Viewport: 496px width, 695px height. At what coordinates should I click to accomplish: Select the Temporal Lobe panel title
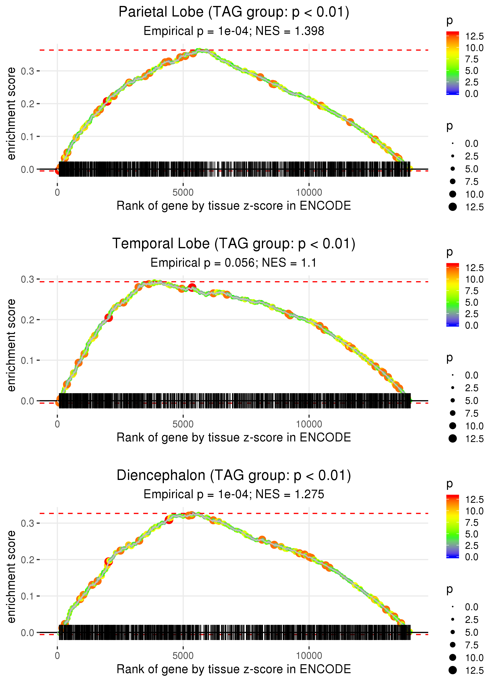[x=234, y=244]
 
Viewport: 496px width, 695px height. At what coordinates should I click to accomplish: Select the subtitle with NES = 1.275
[x=234, y=494]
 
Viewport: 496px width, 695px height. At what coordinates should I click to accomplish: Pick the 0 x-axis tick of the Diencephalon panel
[x=57, y=656]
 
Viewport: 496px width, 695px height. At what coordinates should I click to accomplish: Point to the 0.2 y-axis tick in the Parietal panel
[x=28, y=104]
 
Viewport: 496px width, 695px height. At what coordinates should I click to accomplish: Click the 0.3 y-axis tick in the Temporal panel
[x=28, y=279]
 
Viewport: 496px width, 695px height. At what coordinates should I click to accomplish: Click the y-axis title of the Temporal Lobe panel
[x=11, y=345]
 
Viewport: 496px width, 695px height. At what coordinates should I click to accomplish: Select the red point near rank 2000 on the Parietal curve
[x=107, y=101]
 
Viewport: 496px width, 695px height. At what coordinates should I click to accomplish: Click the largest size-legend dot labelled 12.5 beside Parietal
[x=453, y=207]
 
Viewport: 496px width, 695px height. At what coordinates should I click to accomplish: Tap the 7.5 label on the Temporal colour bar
[x=472, y=291]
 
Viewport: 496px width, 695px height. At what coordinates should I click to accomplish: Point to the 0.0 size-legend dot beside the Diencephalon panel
[x=453, y=607]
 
